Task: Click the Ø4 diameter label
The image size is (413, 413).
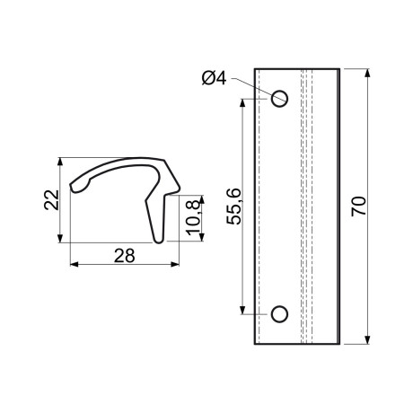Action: click(x=214, y=78)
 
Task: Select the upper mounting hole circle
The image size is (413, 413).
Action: click(x=279, y=99)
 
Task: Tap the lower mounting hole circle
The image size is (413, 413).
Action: click(x=279, y=314)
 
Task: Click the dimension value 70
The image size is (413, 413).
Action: click(x=358, y=206)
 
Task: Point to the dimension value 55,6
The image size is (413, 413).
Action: click(x=233, y=206)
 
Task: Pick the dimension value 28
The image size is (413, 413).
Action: click(x=125, y=256)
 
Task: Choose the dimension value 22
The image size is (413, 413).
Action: click(x=51, y=199)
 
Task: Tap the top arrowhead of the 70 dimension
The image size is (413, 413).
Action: click(x=367, y=73)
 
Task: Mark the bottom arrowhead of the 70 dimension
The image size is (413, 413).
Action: click(x=367, y=339)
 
